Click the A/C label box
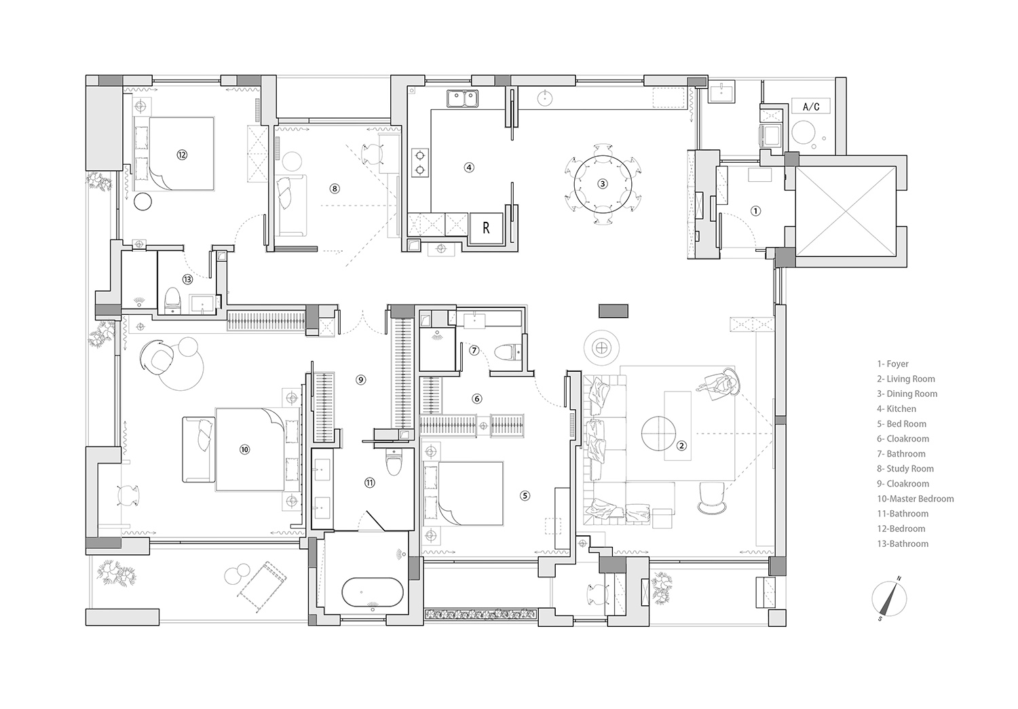810,107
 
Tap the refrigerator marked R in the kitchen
486,228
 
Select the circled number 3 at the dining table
602,183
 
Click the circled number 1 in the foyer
756,211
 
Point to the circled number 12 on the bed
182,155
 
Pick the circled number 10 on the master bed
244,449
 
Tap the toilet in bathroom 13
172,300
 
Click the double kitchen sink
463,99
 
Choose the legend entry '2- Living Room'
905,379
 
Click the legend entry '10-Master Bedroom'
915,499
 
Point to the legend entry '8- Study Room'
905,469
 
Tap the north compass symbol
890,599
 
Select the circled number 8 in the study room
334,189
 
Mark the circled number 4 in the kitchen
468,167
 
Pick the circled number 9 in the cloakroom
361,380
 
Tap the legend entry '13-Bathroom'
903,543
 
